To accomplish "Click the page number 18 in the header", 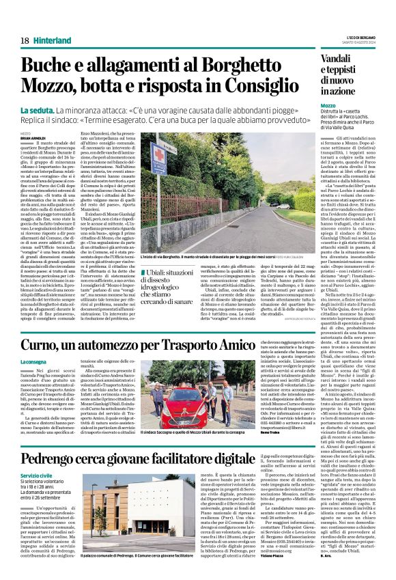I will pos(25,41).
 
